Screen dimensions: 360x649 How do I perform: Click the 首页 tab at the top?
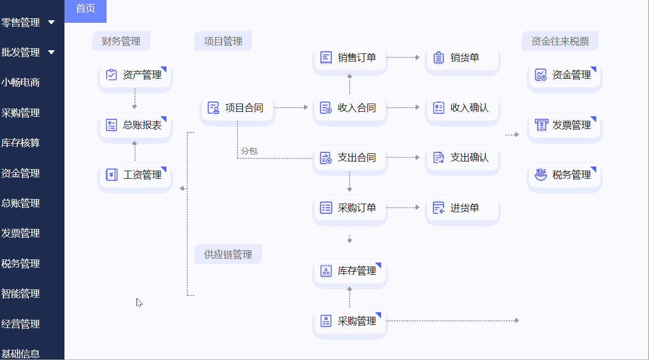tap(85, 9)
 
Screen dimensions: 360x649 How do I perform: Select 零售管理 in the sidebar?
tap(21, 22)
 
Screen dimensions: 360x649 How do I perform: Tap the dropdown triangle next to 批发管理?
tap(51, 52)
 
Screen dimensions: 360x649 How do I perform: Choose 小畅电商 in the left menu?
tap(21, 82)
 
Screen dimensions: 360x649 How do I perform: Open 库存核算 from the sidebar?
tap(21, 143)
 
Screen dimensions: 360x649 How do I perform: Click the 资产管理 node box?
tap(135, 76)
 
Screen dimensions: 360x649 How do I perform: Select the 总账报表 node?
tap(135, 125)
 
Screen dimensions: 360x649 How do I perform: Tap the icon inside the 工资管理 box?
tap(111, 175)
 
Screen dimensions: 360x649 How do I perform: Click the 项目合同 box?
tap(237, 108)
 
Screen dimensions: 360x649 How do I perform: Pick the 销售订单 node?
tap(350, 58)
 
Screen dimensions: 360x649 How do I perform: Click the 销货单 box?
tap(462, 58)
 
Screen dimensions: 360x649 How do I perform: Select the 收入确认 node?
tap(462, 108)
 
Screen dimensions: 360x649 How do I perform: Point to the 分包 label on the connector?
tap(249, 151)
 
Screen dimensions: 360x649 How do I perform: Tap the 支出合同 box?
tap(350, 158)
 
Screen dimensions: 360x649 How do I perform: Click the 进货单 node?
tap(462, 208)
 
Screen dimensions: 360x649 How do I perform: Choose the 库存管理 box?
tap(350, 271)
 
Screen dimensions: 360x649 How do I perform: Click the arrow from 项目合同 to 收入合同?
tap(291, 108)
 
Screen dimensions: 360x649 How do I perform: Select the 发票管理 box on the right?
tap(564, 125)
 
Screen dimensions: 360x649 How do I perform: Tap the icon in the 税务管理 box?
tap(541, 175)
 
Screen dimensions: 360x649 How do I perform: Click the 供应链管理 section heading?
tap(228, 254)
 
